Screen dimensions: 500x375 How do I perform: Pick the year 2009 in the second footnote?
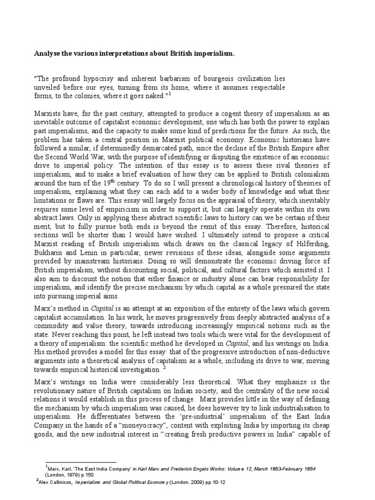[202, 480]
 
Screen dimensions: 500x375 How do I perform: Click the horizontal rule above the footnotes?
[81, 462]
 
